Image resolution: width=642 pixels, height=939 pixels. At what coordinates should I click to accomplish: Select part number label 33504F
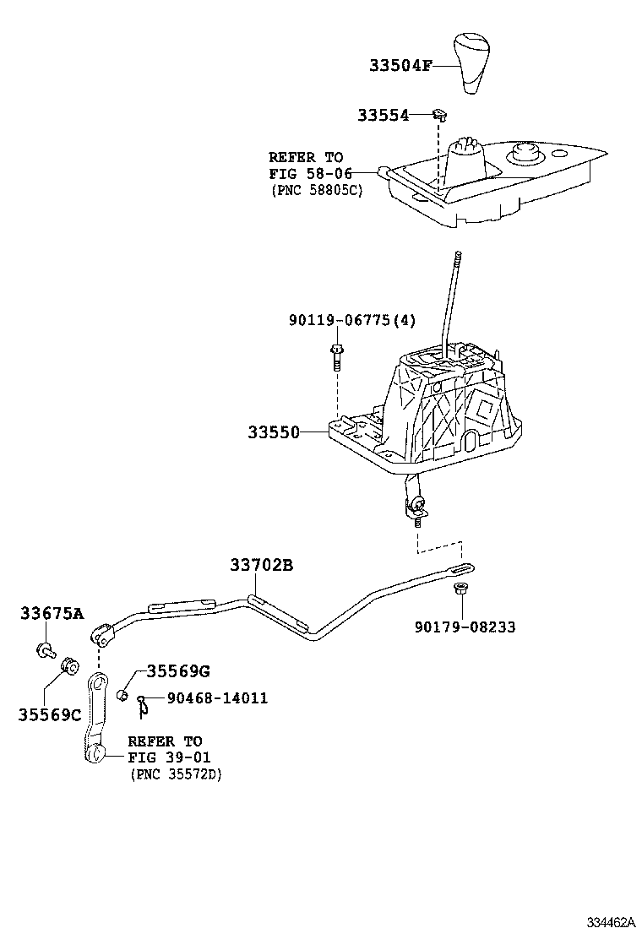click(x=399, y=65)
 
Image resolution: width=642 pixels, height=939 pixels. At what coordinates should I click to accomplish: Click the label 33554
click(x=382, y=115)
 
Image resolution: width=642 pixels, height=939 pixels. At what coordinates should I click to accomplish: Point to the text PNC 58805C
click(x=316, y=191)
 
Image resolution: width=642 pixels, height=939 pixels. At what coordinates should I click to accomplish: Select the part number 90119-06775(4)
click(x=352, y=320)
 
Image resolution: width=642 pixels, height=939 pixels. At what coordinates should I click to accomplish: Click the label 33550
click(x=274, y=432)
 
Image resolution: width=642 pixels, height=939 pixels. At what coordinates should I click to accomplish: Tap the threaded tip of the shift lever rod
click(x=456, y=260)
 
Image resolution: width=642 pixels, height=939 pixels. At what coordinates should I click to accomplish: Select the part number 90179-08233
click(x=464, y=627)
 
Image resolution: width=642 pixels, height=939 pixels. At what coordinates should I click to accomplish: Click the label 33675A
click(x=52, y=614)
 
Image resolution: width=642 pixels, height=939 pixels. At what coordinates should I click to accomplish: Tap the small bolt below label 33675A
click(x=45, y=649)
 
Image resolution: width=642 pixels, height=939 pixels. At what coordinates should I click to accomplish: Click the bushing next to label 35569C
click(x=68, y=670)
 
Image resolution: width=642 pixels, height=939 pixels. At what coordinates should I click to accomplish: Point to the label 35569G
click(x=177, y=671)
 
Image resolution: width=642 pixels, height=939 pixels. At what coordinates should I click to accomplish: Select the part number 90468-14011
click(x=217, y=697)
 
